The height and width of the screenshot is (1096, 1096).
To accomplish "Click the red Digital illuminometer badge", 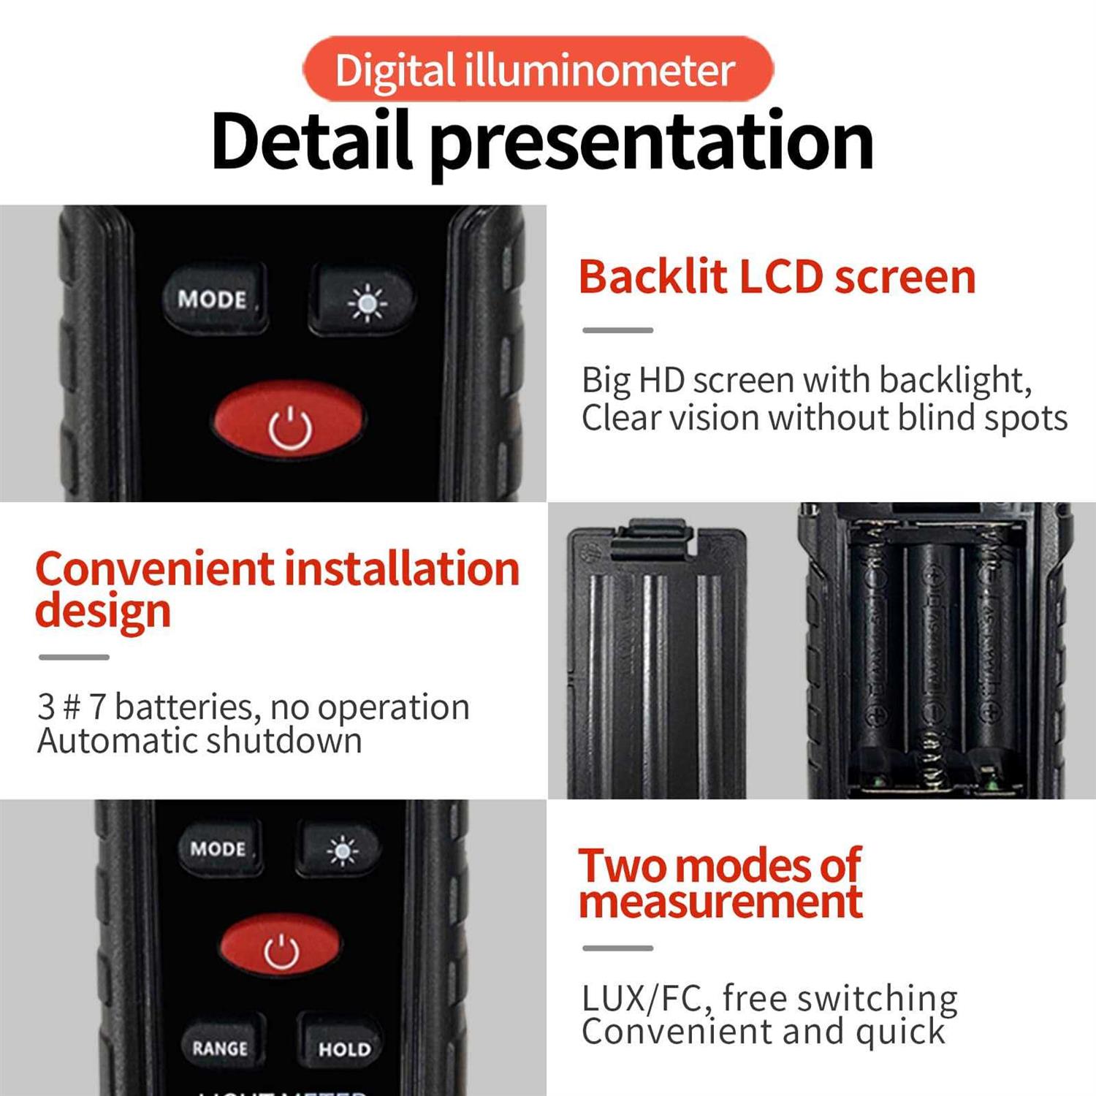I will [x=537, y=69].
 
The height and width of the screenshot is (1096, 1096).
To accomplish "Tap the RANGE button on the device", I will [x=220, y=1047].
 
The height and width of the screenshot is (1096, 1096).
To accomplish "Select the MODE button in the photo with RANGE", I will [x=218, y=848].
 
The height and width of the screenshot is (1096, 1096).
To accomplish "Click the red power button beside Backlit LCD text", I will [x=289, y=422].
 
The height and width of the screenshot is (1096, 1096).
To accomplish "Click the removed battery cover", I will [x=655, y=665].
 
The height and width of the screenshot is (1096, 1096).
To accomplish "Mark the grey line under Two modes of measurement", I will [x=617, y=948].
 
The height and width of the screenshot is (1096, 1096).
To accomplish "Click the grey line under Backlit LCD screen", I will [x=617, y=330].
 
